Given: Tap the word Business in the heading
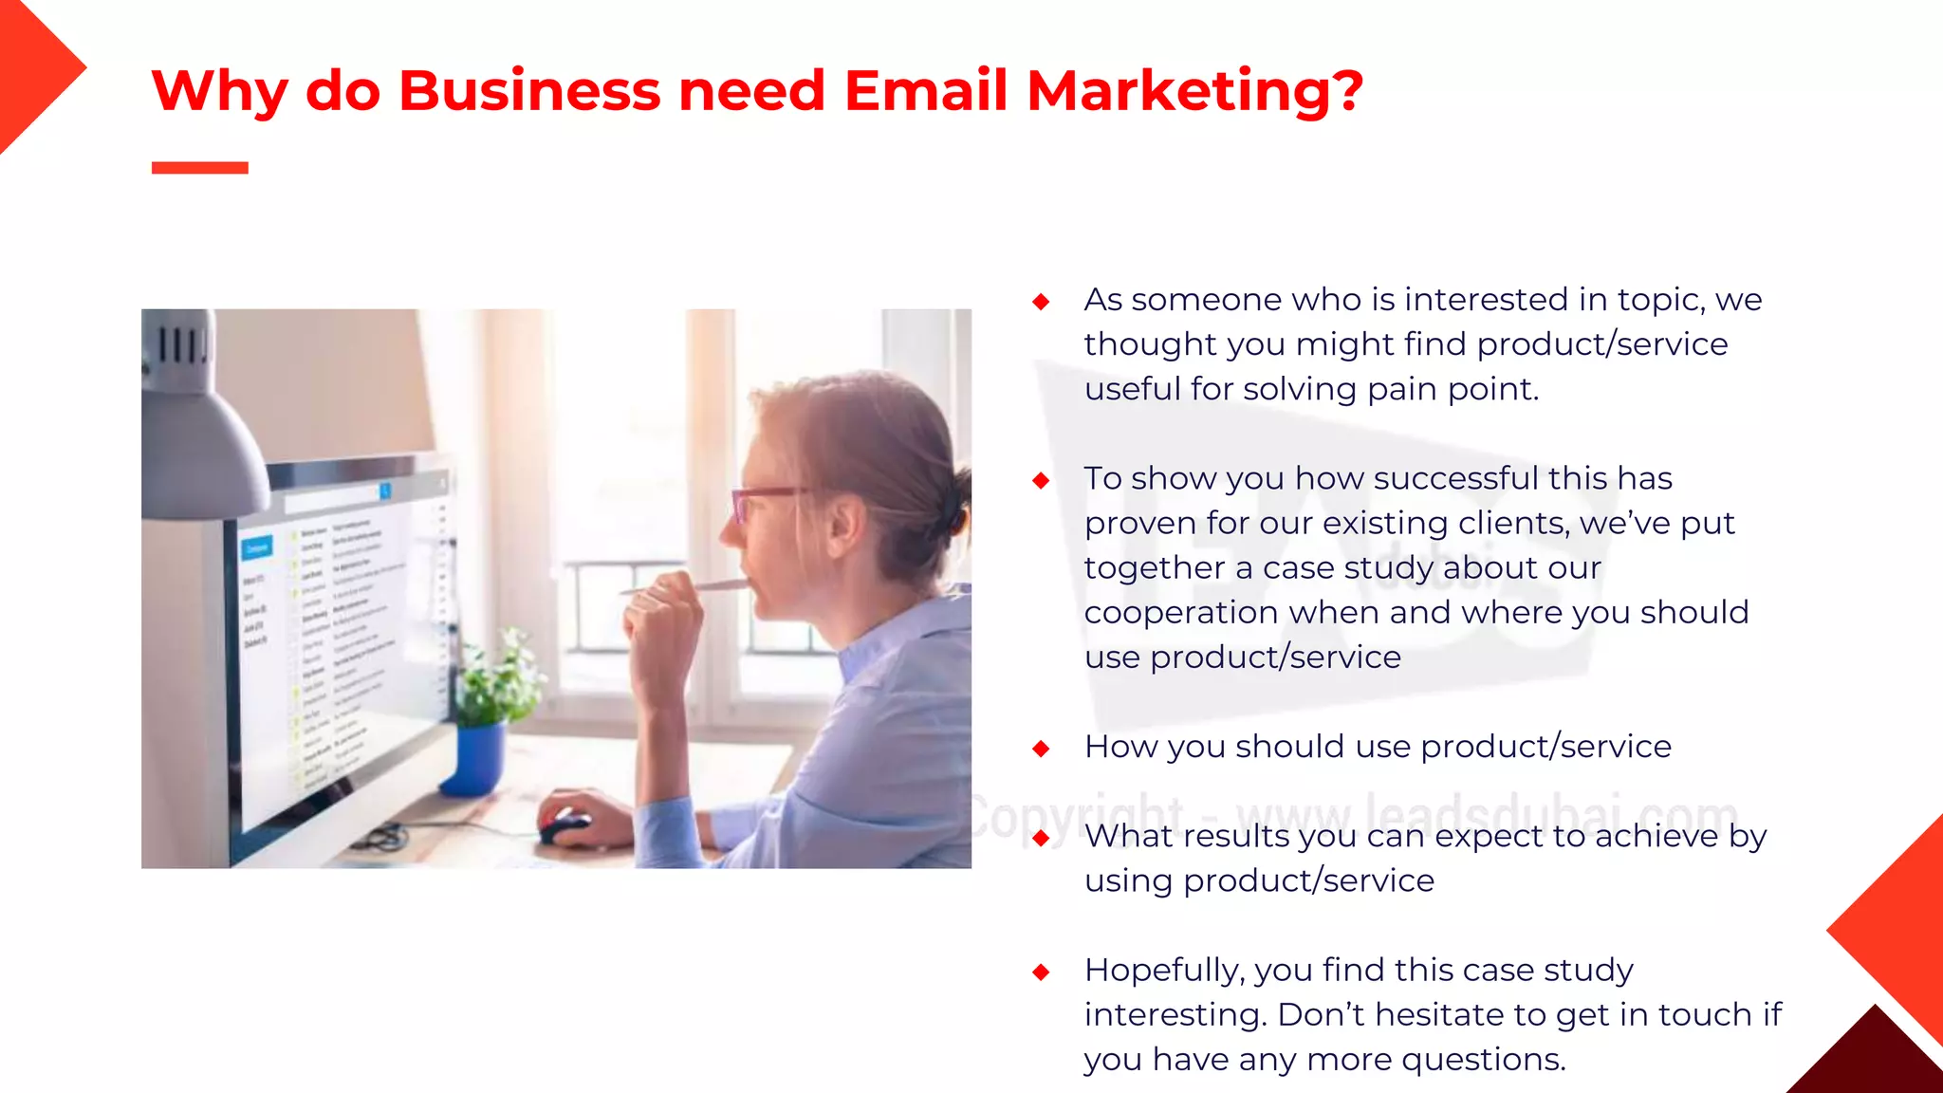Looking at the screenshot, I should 529,92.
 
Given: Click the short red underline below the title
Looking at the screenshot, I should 199,168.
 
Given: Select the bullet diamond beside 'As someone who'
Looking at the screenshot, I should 1041,302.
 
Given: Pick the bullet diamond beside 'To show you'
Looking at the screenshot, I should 1041,480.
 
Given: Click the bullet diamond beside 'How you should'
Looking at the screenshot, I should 1041,749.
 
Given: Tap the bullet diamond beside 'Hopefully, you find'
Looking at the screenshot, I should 1041,972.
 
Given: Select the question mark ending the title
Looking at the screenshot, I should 1345,92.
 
